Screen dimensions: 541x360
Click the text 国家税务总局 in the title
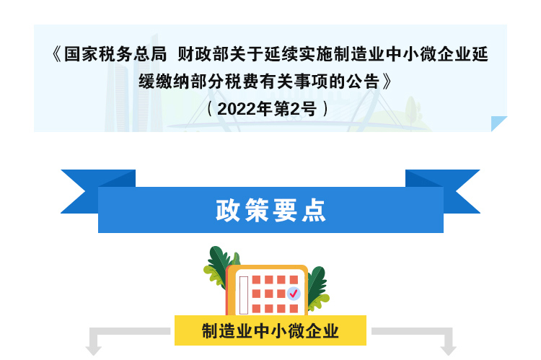(x=115, y=54)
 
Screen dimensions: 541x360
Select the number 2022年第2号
(x=267, y=109)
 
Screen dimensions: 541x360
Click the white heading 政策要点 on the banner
(x=270, y=210)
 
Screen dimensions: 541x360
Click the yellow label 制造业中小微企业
(x=270, y=330)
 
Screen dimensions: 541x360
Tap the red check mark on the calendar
(x=294, y=294)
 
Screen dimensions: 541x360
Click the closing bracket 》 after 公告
(x=387, y=82)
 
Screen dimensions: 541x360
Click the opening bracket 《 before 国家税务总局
(x=57, y=54)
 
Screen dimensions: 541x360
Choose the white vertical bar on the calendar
(x=244, y=295)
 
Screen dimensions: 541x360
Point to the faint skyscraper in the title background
(x=119, y=97)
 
